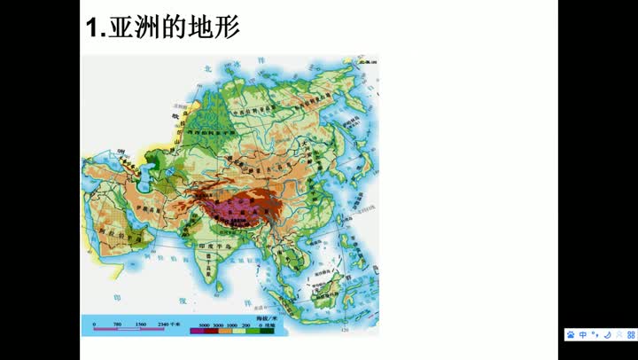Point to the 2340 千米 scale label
163,325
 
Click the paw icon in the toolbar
572,335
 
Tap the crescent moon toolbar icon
606,335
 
